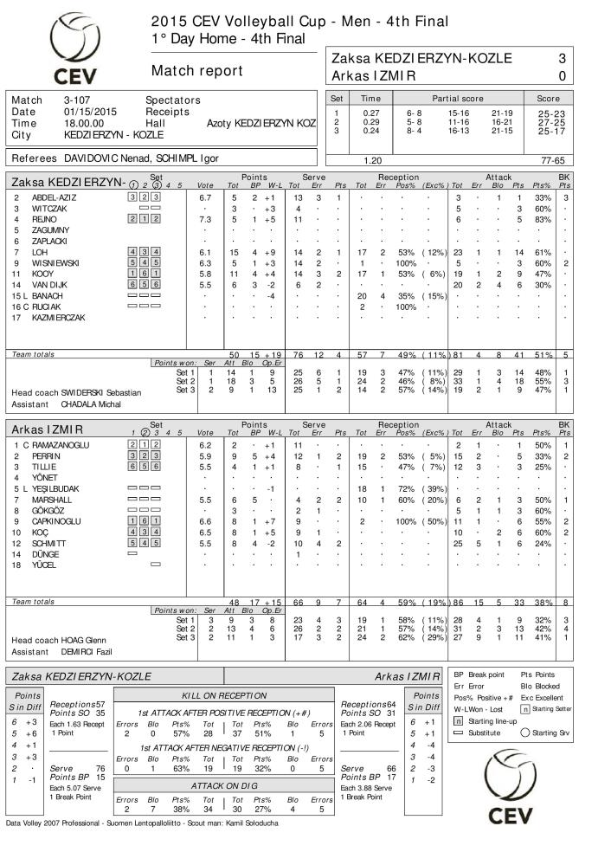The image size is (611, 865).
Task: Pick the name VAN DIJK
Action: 50,284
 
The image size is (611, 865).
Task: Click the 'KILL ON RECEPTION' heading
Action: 223,696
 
